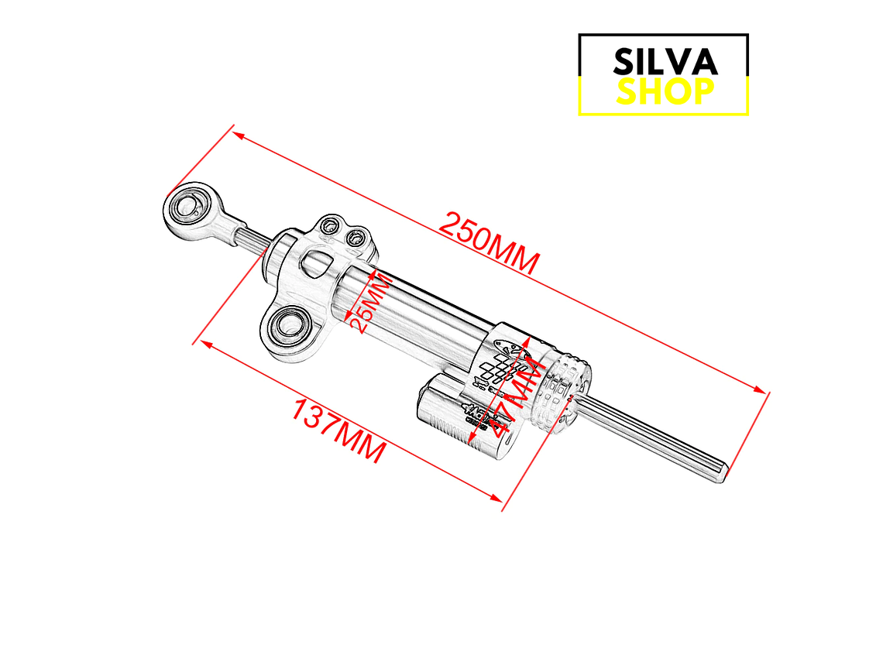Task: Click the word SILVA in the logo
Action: pyautogui.click(x=665, y=61)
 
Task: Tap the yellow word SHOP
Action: pyautogui.click(x=665, y=92)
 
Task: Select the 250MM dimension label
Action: pyautogui.click(x=489, y=242)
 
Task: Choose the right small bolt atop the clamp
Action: pyautogui.click(x=357, y=236)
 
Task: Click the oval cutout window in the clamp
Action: pyautogui.click(x=317, y=262)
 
